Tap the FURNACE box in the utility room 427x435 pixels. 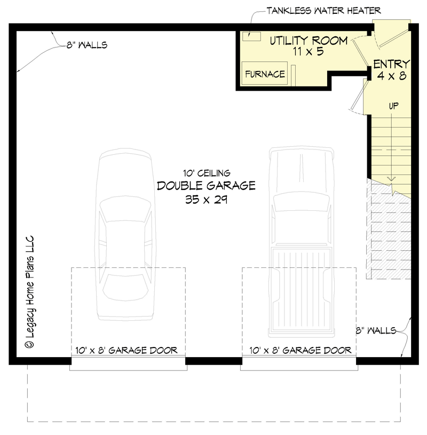pos(265,74)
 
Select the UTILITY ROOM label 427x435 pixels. pos(309,41)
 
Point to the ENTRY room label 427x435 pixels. pos(391,64)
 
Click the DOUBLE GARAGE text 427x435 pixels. pos(206,186)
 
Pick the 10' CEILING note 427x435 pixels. pos(206,173)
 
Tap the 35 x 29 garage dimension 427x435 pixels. pos(206,200)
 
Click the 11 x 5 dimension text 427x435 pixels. pos(309,52)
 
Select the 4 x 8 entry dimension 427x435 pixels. pos(391,76)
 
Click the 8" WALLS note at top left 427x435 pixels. pos(86,45)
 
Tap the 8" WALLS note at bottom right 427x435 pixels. pos(376,330)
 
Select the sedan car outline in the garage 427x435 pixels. pos(125,235)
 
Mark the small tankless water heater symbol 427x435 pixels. pos(250,36)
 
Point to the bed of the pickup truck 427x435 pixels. pos(301,288)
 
